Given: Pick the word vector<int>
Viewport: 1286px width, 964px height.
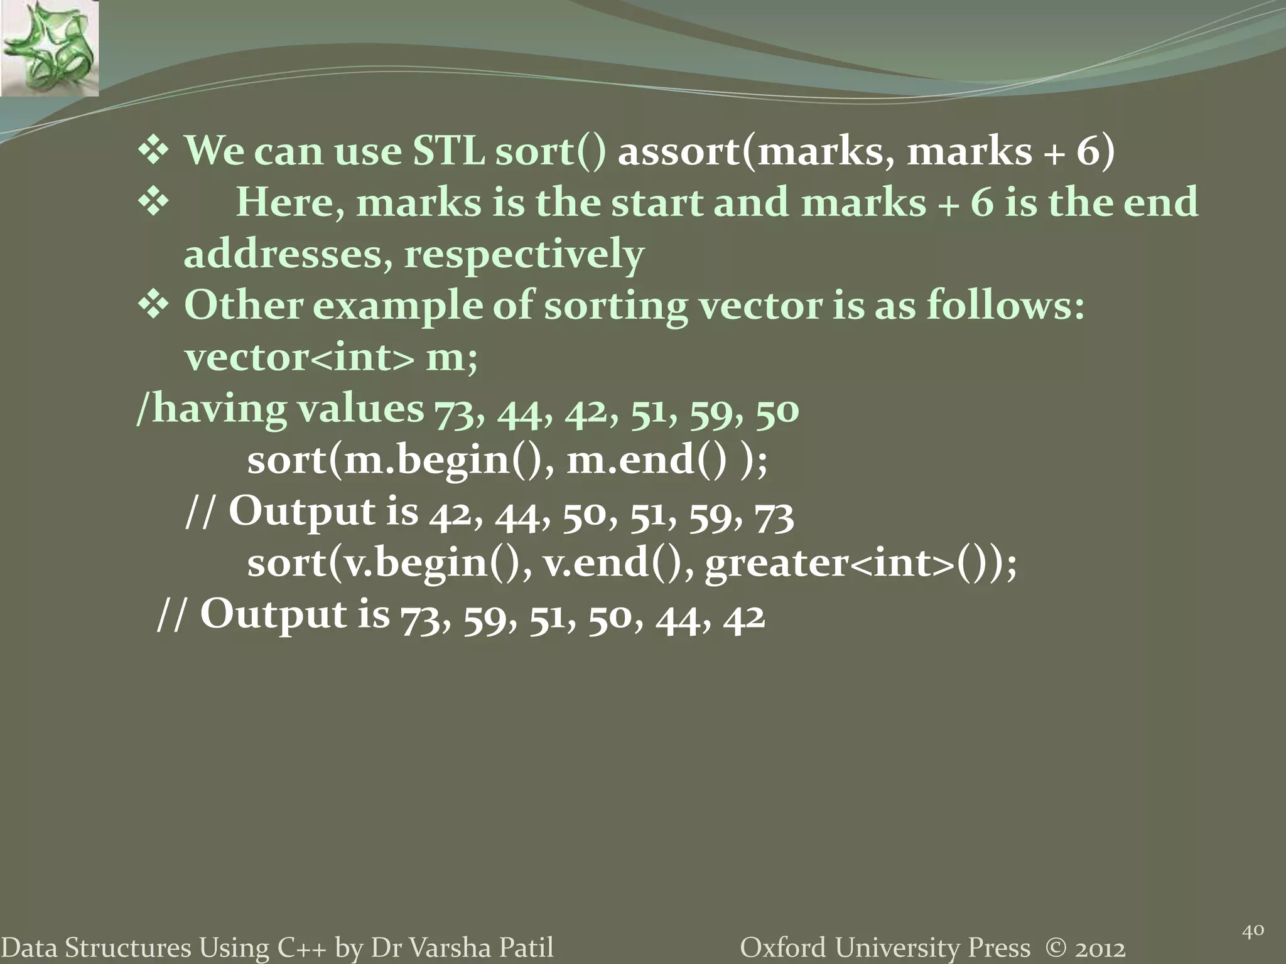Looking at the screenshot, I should (300, 358).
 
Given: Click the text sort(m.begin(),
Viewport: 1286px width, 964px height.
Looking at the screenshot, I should (401, 461).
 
